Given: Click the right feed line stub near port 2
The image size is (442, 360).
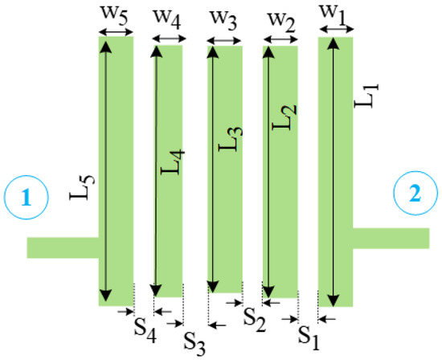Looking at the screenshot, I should pos(391,239).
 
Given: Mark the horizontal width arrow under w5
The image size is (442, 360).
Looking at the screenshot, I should pos(115,34).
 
